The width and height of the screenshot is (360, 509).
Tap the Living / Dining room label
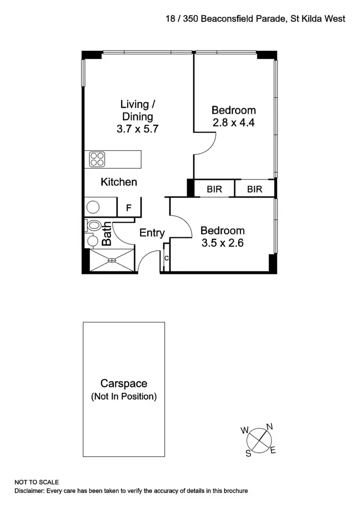(x=138, y=110)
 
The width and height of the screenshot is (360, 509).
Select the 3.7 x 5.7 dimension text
(x=138, y=129)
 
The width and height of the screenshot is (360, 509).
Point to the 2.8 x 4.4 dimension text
(x=234, y=122)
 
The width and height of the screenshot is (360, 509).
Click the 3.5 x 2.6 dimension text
(x=222, y=243)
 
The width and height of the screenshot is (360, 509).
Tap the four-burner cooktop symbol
(x=97, y=159)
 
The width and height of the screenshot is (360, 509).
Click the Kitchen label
(x=119, y=182)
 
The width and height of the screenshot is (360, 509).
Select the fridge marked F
(x=129, y=208)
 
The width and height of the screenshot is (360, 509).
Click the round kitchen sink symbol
(x=93, y=207)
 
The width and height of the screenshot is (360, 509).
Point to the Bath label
(x=107, y=234)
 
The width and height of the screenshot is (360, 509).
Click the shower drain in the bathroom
(x=111, y=260)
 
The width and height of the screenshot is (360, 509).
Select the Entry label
(x=152, y=233)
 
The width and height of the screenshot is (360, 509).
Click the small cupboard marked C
(x=166, y=258)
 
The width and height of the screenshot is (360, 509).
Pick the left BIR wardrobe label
(x=215, y=189)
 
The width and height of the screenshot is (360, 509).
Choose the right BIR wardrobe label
(x=255, y=189)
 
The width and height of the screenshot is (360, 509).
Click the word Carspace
(x=123, y=383)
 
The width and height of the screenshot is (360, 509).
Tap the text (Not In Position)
(x=123, y=396)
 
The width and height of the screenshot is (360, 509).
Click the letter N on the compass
(x=270, y=426)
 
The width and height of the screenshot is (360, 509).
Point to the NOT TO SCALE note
(x=37, y=482)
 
